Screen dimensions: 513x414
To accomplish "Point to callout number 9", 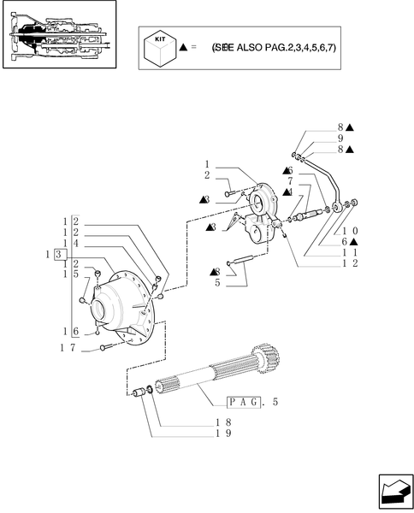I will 340,138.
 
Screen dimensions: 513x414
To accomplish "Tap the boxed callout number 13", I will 55,254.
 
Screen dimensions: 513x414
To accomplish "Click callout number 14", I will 68,244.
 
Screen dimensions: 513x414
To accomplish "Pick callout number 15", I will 68,274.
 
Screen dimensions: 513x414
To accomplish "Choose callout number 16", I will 68,331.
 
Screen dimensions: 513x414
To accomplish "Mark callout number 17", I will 68,347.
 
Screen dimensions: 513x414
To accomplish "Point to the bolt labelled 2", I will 231,194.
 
